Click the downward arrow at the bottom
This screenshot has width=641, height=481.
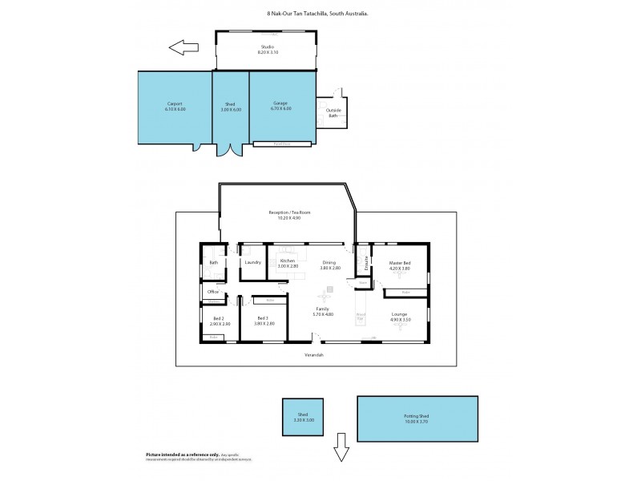[341, 452]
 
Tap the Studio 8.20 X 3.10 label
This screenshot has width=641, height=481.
[268, 50]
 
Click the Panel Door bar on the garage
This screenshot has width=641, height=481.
[281, 143]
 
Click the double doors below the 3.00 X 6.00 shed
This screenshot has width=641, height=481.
[230, 149]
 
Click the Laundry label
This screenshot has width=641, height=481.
[253, 262]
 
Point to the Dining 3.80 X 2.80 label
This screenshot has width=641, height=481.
[330, 265]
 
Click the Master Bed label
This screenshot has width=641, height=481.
[400, 265]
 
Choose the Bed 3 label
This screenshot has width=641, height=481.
[264, 321]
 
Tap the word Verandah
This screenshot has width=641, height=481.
[314, 355]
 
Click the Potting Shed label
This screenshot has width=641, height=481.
[417, 418]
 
